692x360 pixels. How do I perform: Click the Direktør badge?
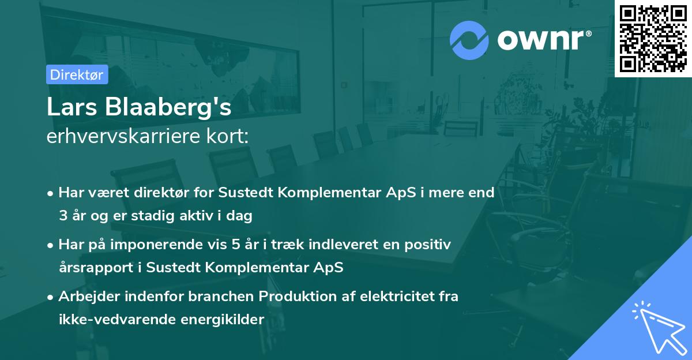[x=77, y=74]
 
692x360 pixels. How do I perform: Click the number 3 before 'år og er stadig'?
[x=62, y=216]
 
